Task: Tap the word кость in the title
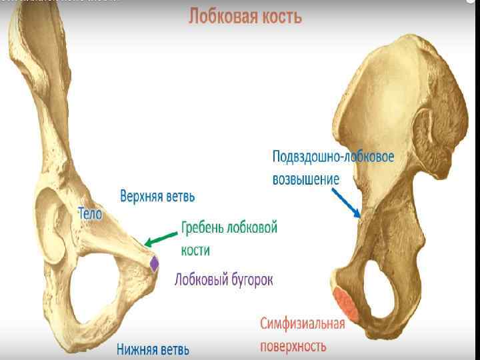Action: [281, 16]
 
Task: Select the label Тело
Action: [90, 215]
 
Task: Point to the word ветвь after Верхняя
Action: [182, 197]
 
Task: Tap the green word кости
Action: [195, 250]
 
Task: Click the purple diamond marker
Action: [155, 264]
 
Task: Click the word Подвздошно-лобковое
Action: [333, 157]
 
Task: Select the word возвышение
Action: [306, 179]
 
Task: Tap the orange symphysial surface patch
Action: [346, 302]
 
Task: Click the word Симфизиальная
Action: [302, 325]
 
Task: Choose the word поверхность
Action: [293, 346]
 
